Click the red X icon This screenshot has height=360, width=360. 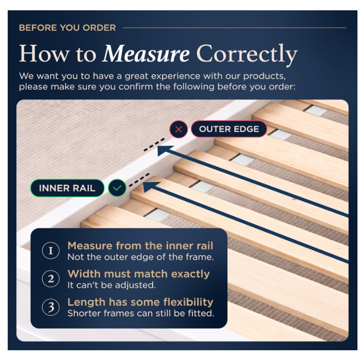[x=179, y=129]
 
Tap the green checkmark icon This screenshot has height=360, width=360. [x=117, y=188]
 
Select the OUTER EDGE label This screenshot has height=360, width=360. [x=229, y=129]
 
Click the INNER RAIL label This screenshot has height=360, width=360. [x=67, y=188]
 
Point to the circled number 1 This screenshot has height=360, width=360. [x=51, y=251]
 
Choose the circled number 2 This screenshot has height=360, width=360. [x=51, y=279]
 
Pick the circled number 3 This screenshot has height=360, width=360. [x=51, y=307]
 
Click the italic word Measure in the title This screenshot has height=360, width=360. [x=146, y=54]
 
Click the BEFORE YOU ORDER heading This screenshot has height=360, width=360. [x=67, y=28]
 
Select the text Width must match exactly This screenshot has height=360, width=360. [x=139, y=274]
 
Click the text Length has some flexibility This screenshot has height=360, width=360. [x=140, y=302]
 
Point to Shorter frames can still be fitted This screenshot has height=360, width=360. [x=141, y=313]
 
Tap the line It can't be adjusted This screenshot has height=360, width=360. [x=112, y=285]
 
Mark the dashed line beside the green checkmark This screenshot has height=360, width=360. [x=139, y=180]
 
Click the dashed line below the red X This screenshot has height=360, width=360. [x=154, y=144]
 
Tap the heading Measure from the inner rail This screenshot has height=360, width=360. [x=140, y=246]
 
